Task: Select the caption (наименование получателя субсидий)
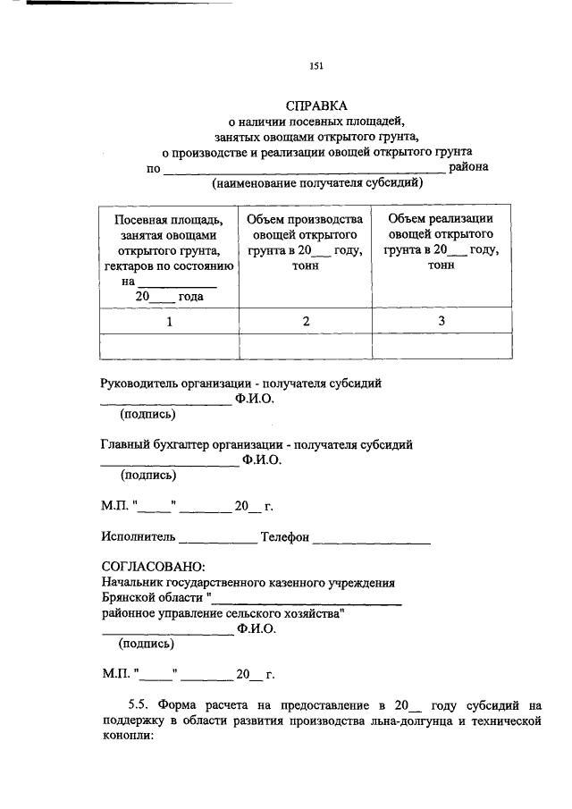[316, 183]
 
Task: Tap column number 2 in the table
[305, 321]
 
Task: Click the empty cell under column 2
[305, 345]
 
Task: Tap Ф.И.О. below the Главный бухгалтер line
[261, 460]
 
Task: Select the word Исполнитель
[138, 537]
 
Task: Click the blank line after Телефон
[373, 539]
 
